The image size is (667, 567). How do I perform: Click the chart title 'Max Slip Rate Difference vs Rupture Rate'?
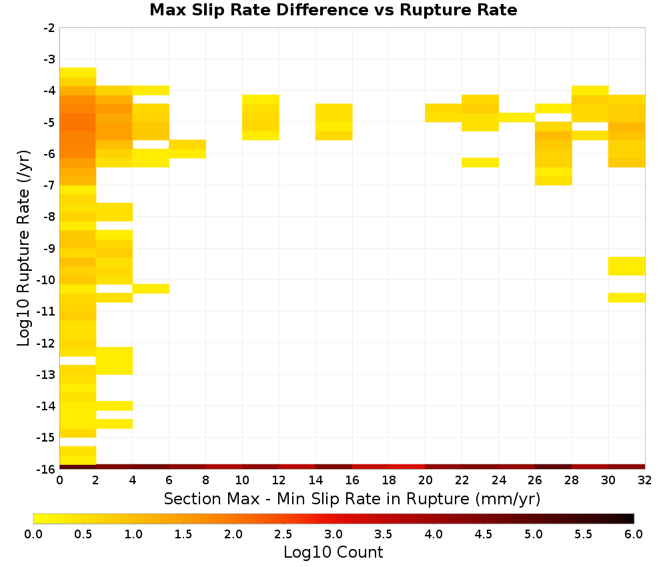tap(333, 10)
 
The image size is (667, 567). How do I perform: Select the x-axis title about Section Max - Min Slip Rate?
tap(352, 498)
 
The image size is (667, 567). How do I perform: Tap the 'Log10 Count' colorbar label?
tap(333, 552)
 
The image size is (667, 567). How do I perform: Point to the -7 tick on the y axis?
tap(49, 185)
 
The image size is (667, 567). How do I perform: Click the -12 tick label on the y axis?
tap(47, 344)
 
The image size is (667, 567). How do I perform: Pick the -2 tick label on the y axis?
tap(49, 28)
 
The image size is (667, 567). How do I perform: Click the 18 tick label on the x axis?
tap(388, 480)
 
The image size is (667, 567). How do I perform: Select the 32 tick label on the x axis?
tap(644, 480)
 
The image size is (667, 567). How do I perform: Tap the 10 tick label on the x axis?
tap(242, 480)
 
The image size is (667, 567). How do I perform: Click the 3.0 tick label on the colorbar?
tap(333, 534)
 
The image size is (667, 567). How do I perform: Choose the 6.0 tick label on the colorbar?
tap(634, 534)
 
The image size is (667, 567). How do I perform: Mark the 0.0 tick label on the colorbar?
tap(33, 534)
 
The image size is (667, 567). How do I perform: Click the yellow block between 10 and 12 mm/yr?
tap(260, 117)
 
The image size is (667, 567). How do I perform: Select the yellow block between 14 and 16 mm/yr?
tap(333, 121)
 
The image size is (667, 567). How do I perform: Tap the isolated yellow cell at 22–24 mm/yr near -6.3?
tap(480, 163)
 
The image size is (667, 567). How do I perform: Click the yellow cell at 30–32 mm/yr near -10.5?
tap(626, 298)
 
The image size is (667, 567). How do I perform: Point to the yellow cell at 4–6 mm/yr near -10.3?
tap(151, 288)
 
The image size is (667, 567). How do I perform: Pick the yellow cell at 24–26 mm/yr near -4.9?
tap(516, 117)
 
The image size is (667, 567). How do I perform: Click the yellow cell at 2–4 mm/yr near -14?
tap(114, 406)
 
